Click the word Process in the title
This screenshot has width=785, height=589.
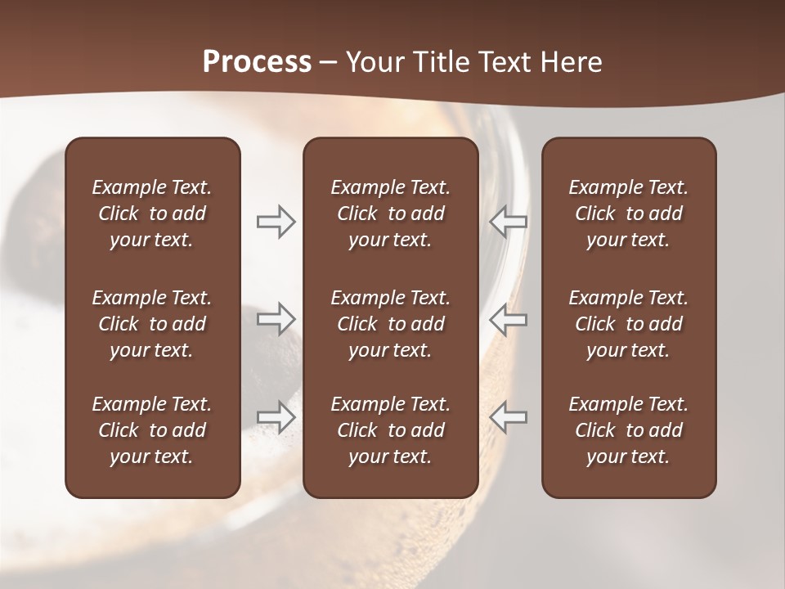coord(257,62)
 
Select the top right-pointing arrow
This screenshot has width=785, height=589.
coord(276,222)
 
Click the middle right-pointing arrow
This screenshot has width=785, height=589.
coord(276,318)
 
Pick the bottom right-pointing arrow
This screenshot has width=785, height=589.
coord(276,417)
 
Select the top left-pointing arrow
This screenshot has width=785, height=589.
coord(508,222)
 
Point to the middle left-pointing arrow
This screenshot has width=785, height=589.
coord(508,318)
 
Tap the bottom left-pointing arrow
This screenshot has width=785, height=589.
coord(508,417)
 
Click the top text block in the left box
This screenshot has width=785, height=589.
coord(152,214)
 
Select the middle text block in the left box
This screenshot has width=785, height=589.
coord(152,324)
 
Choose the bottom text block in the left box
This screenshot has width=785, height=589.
coord(152,430)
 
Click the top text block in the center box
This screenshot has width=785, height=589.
coord(390,214)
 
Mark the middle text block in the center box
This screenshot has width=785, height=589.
coord(390,324)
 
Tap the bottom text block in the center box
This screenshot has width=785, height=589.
coord(390,430)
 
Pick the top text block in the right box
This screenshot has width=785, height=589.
coord(628,214)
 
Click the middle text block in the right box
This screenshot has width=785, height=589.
coord(628,324)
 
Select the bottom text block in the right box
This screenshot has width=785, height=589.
coord(628,430)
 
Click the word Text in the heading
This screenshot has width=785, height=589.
coord(511,62)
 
